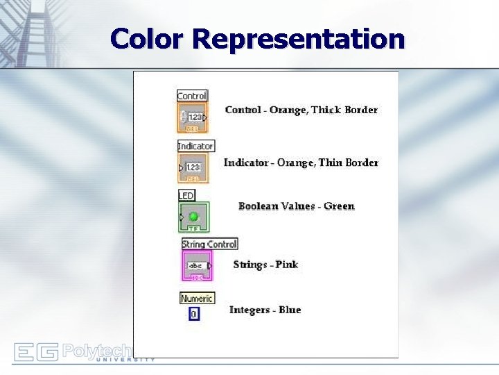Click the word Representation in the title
(x=299, y=39)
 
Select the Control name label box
(x=192, y=96)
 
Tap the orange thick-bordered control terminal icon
(x=193, y=117)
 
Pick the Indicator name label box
(x=195, y=146)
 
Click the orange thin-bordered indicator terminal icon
(x=193, y=167)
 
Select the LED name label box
(x=186, y=196)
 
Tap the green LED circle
(x=193, y=217)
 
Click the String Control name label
(x=209, y=244)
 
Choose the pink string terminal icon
(x=198, y=265)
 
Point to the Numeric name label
(x=197, y=299)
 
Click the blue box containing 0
(x=193, y=314)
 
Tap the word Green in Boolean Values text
(x=339, y=206)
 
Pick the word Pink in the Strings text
(x=286, y=265)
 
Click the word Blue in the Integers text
(x=289, y=310)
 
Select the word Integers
(x=249, y=310)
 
